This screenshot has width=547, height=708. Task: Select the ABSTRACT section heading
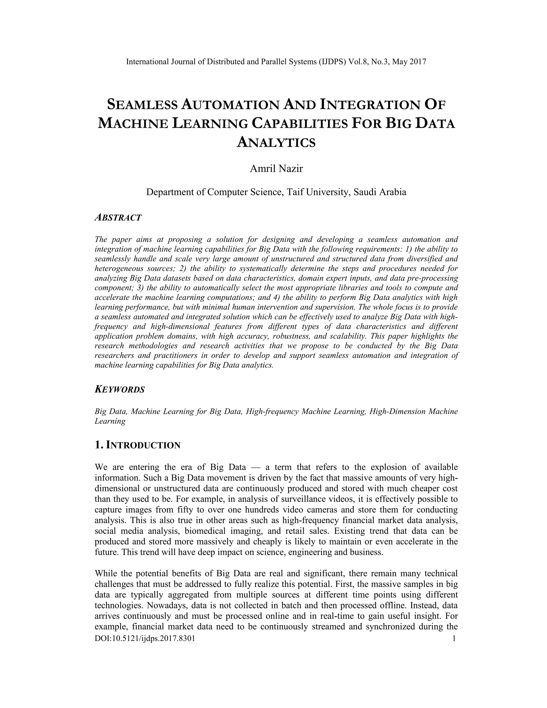[118, 217]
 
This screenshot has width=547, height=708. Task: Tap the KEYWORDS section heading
[120, 389]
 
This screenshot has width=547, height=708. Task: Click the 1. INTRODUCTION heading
[137, 445]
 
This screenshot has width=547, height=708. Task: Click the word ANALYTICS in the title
[276, 142]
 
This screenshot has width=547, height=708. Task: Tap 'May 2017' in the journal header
[409, 62]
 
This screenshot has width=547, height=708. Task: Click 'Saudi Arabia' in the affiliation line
[380, 192]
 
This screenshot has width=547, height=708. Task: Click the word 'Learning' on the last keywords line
[110, 421]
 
